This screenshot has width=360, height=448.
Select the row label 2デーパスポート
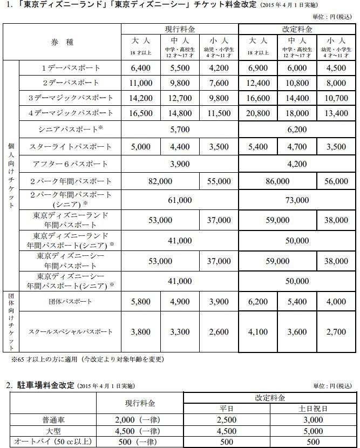coord(71,83)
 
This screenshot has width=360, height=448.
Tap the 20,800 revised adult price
coord(257,113)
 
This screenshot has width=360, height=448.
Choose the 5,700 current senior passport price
coord(180,130)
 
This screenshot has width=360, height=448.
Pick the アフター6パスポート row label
coord(71,164)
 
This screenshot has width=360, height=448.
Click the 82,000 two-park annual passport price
coord(160,181)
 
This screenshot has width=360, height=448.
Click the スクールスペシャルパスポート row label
coord(71,332)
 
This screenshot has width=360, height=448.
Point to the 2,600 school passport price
coord(219,332)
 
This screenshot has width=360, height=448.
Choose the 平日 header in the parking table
coord(227,408)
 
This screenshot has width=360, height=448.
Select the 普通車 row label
coord(52,418)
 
